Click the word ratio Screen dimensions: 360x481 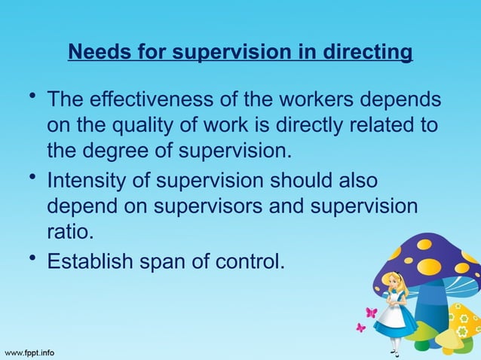tap(69, 230)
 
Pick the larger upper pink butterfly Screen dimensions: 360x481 tap(371, 313)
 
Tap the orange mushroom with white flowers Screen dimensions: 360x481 tap(461, 322)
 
